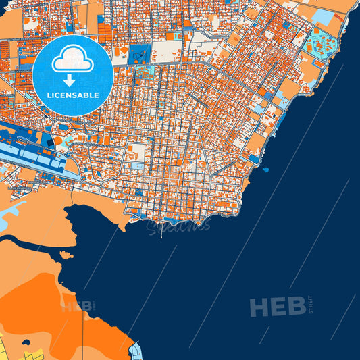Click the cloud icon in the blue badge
pyautogui.click(x=72, y=59)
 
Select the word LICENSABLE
pyautogui.click(x=72, y=96)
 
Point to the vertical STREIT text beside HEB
pyautogui.click(x=310, y=305)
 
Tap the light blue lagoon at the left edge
pyautogui.click(x=14, y=212)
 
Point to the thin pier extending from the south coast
pyautogui.click(x=161, y=231)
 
